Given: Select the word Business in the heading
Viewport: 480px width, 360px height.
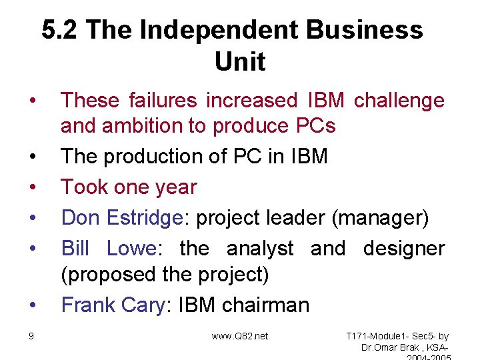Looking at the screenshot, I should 365,30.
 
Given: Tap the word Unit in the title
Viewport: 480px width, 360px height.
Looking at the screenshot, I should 240,62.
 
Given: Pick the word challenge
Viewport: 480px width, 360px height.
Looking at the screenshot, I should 399,100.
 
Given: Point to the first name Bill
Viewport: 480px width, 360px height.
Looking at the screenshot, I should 75,248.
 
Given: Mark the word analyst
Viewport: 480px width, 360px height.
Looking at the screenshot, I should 260,248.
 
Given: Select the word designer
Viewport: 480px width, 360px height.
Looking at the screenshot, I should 403,248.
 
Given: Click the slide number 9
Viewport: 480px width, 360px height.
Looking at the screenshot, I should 31,336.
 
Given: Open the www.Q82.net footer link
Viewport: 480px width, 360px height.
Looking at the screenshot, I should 240,336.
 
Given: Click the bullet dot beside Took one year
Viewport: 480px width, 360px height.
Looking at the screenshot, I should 32,187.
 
